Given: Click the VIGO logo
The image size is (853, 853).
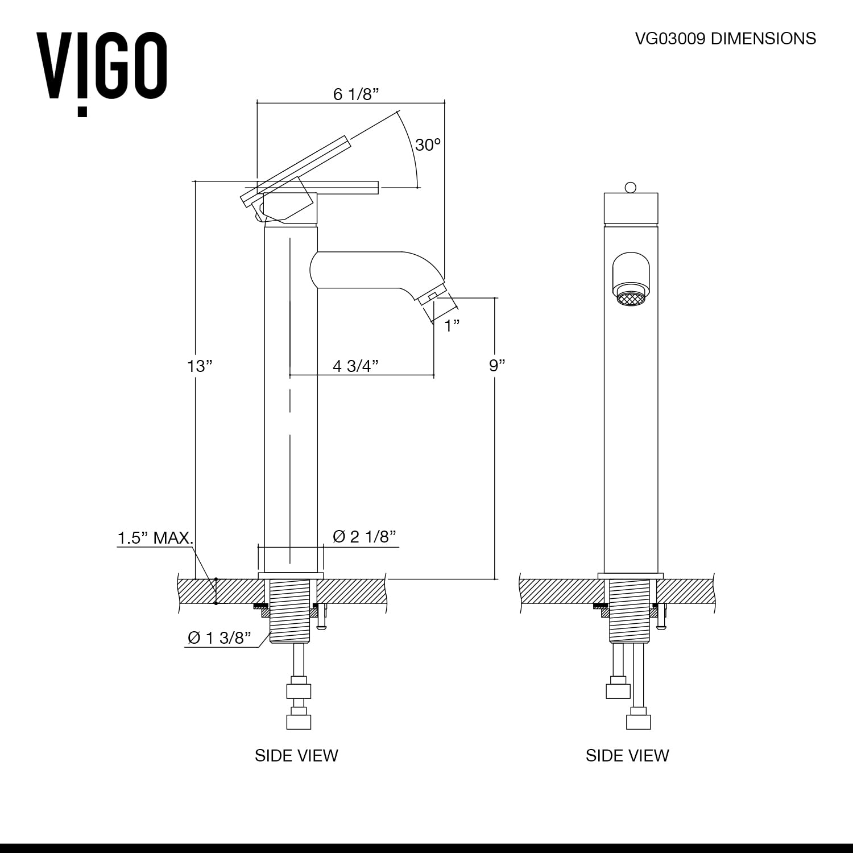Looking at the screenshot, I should click(x=101, y=68).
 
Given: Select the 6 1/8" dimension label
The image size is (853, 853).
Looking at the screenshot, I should click(x=355, y=94).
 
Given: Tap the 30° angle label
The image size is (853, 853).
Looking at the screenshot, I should click(x=428, y=145).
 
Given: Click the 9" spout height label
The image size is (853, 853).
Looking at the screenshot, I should click(x=496, y=365).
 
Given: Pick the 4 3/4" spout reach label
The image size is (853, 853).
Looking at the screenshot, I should click(x=355, y=366).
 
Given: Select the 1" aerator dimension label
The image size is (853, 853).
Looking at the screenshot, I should click(x=452, y=325).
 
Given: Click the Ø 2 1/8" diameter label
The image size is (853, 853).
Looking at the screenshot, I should click(x=364, y=536).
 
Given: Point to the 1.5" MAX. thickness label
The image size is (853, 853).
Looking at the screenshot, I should click(x=155, y=537).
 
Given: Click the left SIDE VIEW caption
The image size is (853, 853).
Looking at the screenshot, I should click(x=296, y=755).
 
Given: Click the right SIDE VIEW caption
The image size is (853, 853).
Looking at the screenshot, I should click(x=627, y=755).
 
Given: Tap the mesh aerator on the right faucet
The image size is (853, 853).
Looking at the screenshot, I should click(x=630, y=299).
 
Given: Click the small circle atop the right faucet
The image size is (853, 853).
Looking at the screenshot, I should click(x=630, y=187).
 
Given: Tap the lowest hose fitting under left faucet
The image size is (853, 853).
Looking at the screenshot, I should click(x=299, y=722).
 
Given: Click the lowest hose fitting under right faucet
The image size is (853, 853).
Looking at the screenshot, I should click(x=638, y=721).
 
